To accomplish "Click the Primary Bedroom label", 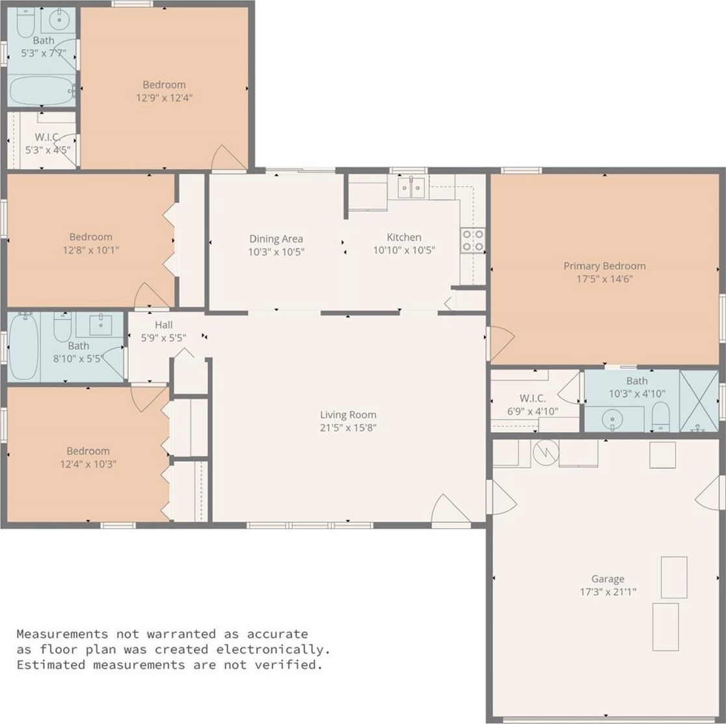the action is coord(604,265).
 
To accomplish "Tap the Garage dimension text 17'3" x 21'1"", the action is coord(608,591).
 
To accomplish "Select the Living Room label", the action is coord(348,415).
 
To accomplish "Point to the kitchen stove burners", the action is coord(473,241).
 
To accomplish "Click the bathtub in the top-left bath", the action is coord(41,90).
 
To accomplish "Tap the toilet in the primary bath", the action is coord(660,416).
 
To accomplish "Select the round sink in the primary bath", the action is coord(612,420).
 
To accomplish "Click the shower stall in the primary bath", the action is coord(699,401).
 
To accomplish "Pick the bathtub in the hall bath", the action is coord(23,346).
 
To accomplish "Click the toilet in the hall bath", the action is coord(62,327).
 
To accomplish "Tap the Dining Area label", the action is coord(276,239).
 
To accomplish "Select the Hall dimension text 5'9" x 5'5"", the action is coord(163,338).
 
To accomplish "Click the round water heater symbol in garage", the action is coord(546,452).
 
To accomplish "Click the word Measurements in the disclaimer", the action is coord(62,634).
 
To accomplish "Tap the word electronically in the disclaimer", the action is coord(273,649).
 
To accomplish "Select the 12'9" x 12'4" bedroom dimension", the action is coord(165,98).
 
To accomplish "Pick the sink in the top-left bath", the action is coord(59,20).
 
